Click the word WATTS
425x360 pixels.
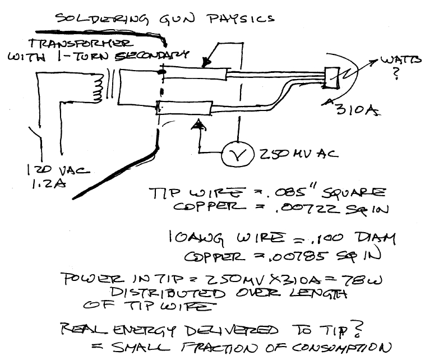[x=398, y=59]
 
